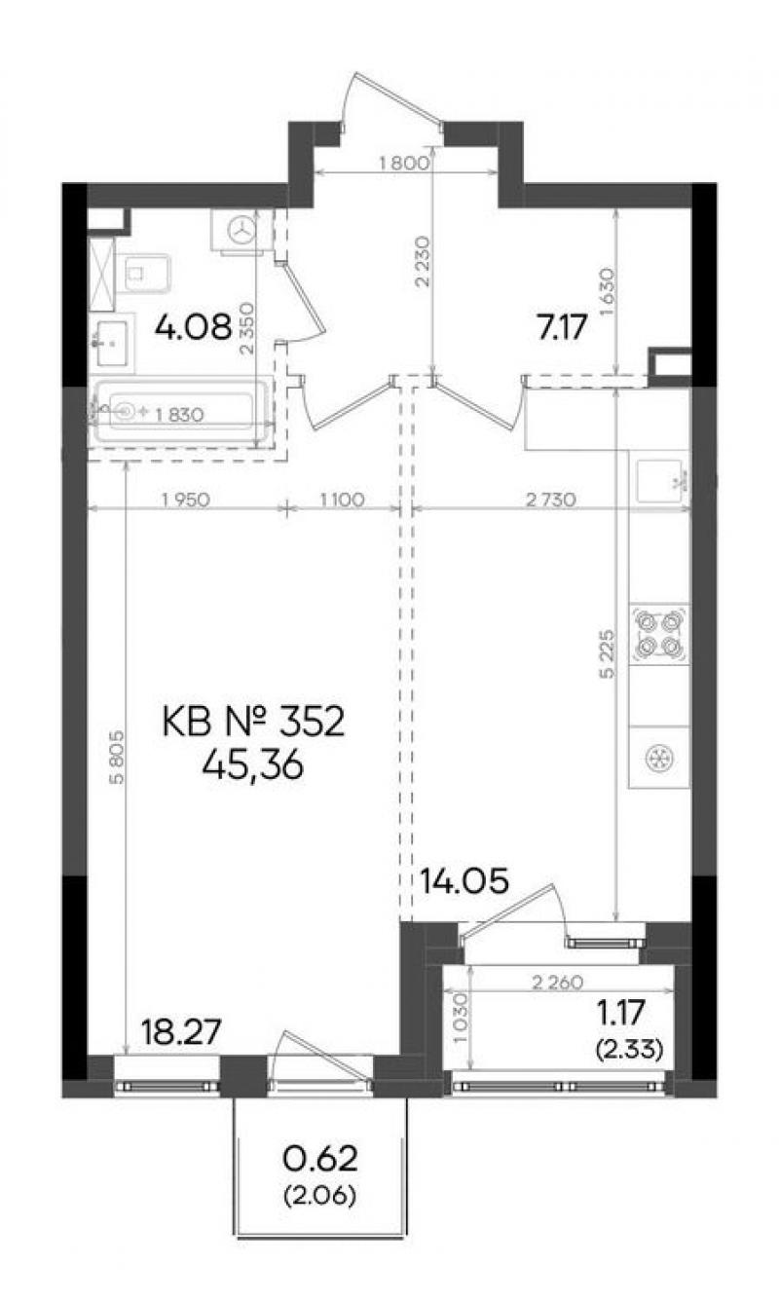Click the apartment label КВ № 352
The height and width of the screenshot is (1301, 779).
[x=253, y=723]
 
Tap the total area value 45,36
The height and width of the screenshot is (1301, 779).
[x=253, y=765]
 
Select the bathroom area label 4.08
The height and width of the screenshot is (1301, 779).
[x=194, y=327]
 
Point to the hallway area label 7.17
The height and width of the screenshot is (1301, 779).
[x=562, y=329]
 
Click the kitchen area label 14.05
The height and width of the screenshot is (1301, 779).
[x=464, y=881]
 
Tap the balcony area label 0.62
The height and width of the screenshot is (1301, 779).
[x=320, y=1159]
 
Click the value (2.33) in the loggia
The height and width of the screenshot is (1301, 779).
[x=629, y=1049]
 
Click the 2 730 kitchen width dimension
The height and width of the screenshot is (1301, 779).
[x=551, y=500]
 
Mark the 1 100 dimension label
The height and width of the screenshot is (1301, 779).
[x=342, y=500]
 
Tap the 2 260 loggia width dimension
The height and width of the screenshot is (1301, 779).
[x=557, y=983]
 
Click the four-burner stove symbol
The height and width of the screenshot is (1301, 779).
[x=659, y=635]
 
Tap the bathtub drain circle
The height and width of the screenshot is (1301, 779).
[x=127, y=412]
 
